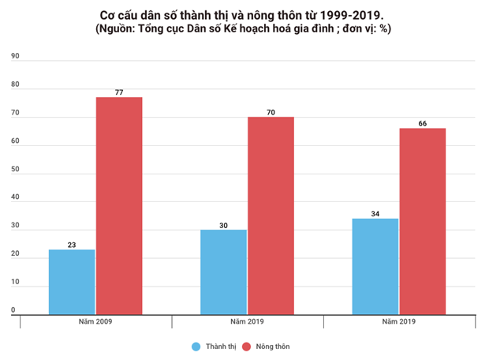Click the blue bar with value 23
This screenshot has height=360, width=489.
coord(72,282)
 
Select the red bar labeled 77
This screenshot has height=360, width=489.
coord(119,205)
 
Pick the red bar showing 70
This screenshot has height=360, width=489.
coord(271,216)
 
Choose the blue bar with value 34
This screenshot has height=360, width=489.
coord(375,266)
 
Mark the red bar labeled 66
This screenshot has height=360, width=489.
coord(422,221)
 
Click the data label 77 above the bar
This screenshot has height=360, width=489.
coord(119,92)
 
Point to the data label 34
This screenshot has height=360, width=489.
coord(375,213)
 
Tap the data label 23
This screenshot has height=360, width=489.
coord(72,245)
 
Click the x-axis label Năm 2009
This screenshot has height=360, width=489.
coord(95,322)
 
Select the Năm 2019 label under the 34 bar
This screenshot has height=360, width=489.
coord(398,322)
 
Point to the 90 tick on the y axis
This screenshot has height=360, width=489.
coord(14,56)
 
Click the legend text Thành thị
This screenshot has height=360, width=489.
coord(221,346)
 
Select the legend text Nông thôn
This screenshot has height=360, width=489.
coord(274,346)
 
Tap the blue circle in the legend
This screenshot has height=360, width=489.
coord(196,346)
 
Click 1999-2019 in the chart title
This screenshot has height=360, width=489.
coord(348,14)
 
